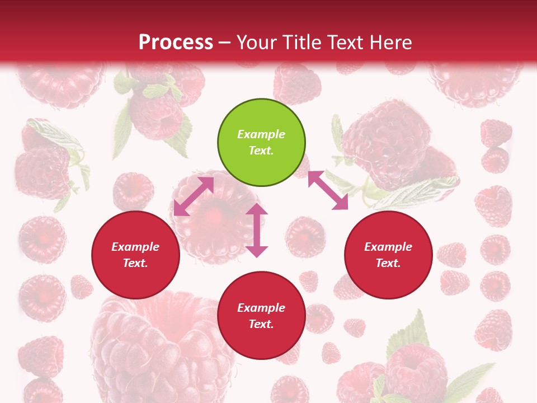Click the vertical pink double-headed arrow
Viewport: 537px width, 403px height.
257,230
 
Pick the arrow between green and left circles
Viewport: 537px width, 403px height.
194,196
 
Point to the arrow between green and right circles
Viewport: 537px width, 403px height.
328,190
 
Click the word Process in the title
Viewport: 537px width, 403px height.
176,42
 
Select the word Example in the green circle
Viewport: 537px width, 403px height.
261,134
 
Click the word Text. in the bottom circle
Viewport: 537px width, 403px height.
261,324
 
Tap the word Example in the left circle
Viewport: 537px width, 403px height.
135,247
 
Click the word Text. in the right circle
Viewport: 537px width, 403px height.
388,263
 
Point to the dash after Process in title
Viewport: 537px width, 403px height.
224,43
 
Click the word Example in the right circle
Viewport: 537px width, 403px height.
388,247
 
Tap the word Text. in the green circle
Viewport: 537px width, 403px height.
261,151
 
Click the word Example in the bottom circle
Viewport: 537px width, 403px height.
261,308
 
